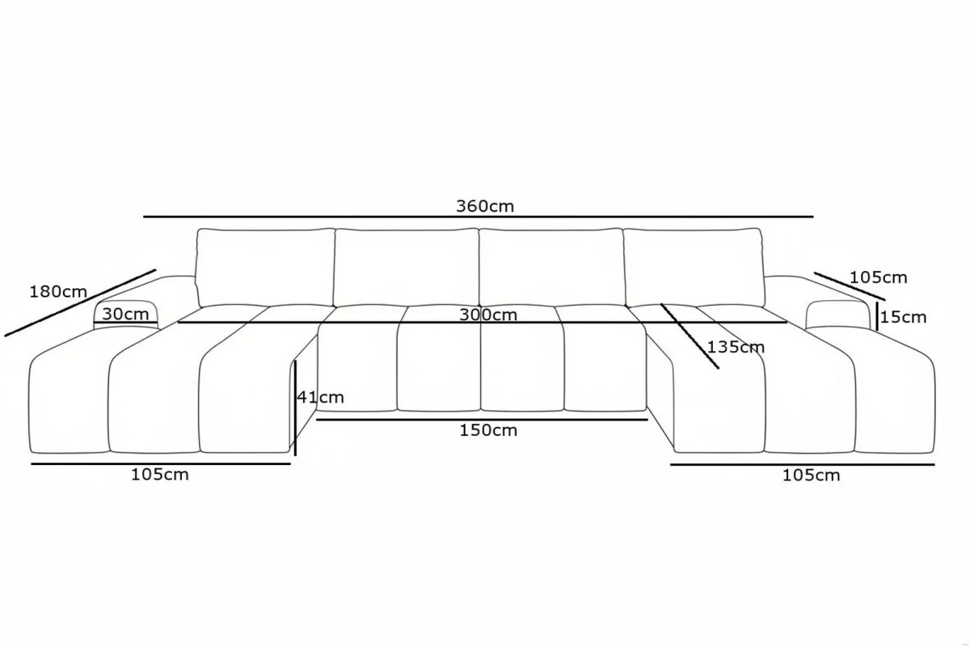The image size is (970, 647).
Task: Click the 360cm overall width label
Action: coord(485,206)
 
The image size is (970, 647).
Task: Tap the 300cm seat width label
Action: coord(488,315)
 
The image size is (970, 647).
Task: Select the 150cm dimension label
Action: coord(488,430)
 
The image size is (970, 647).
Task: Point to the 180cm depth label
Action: coord(58,292)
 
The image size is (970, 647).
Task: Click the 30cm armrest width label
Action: coord(125,314)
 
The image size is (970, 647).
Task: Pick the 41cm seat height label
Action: coord(320,397)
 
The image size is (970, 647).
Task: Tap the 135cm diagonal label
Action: coord(736,347)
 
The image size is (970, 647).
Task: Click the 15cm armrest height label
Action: coord(904,317)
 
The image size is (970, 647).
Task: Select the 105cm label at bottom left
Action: coord(160,475)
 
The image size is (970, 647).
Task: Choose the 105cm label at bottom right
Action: coord(811,476)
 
